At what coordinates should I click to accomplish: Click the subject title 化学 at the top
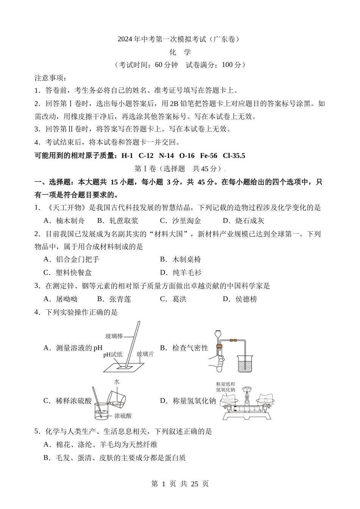coord(180,52)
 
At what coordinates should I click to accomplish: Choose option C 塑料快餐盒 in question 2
coord(68,273)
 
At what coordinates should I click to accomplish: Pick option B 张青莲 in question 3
coord(114,299)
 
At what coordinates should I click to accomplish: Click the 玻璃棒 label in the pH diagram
coord(114,336)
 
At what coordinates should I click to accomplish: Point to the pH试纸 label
coord(113,355)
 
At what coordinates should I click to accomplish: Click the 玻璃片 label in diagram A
coord(145,354)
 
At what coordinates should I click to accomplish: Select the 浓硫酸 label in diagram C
coord(123,416)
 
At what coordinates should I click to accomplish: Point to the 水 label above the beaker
coord(116,382)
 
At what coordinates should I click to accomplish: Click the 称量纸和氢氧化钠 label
coord(226,387)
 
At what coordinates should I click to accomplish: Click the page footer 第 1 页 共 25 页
coord(180,484)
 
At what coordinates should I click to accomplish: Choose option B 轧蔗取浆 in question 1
coord(117,221)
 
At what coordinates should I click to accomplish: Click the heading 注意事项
coord(50,78)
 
